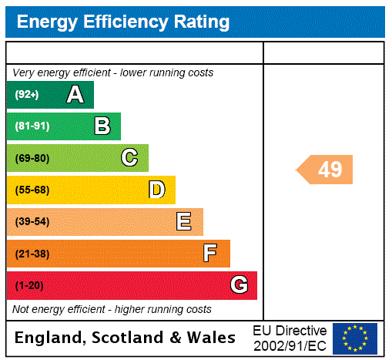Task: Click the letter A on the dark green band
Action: coord(75,95)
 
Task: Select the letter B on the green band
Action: coord(102,126)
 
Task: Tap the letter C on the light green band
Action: coord(129,158)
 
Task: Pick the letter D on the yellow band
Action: coord(156,190)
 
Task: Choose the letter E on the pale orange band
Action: coord(184,222)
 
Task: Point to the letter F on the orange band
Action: coord(210,254)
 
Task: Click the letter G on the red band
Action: coord(239,285)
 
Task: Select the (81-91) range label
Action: coord(32,126)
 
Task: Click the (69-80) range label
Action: coord(32,158)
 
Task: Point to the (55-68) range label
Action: coord(32,190)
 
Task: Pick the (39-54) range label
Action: coord(32,222)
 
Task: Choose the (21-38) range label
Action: coord(32,254)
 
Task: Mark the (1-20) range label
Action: coord(29,286)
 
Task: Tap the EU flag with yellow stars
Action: coord(355,338)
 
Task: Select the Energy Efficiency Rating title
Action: coord(122,22)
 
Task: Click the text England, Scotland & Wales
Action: coord(125,338)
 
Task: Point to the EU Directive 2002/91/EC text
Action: coord(290,338)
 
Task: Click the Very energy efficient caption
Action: coord(113,72)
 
